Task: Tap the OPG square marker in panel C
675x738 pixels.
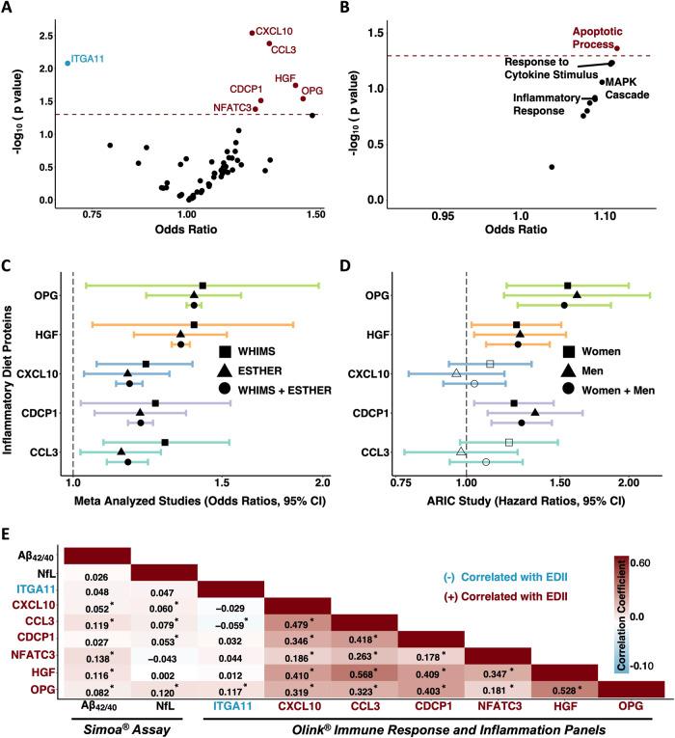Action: [202, 286]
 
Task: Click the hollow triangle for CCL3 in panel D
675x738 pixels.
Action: [461, 451]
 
